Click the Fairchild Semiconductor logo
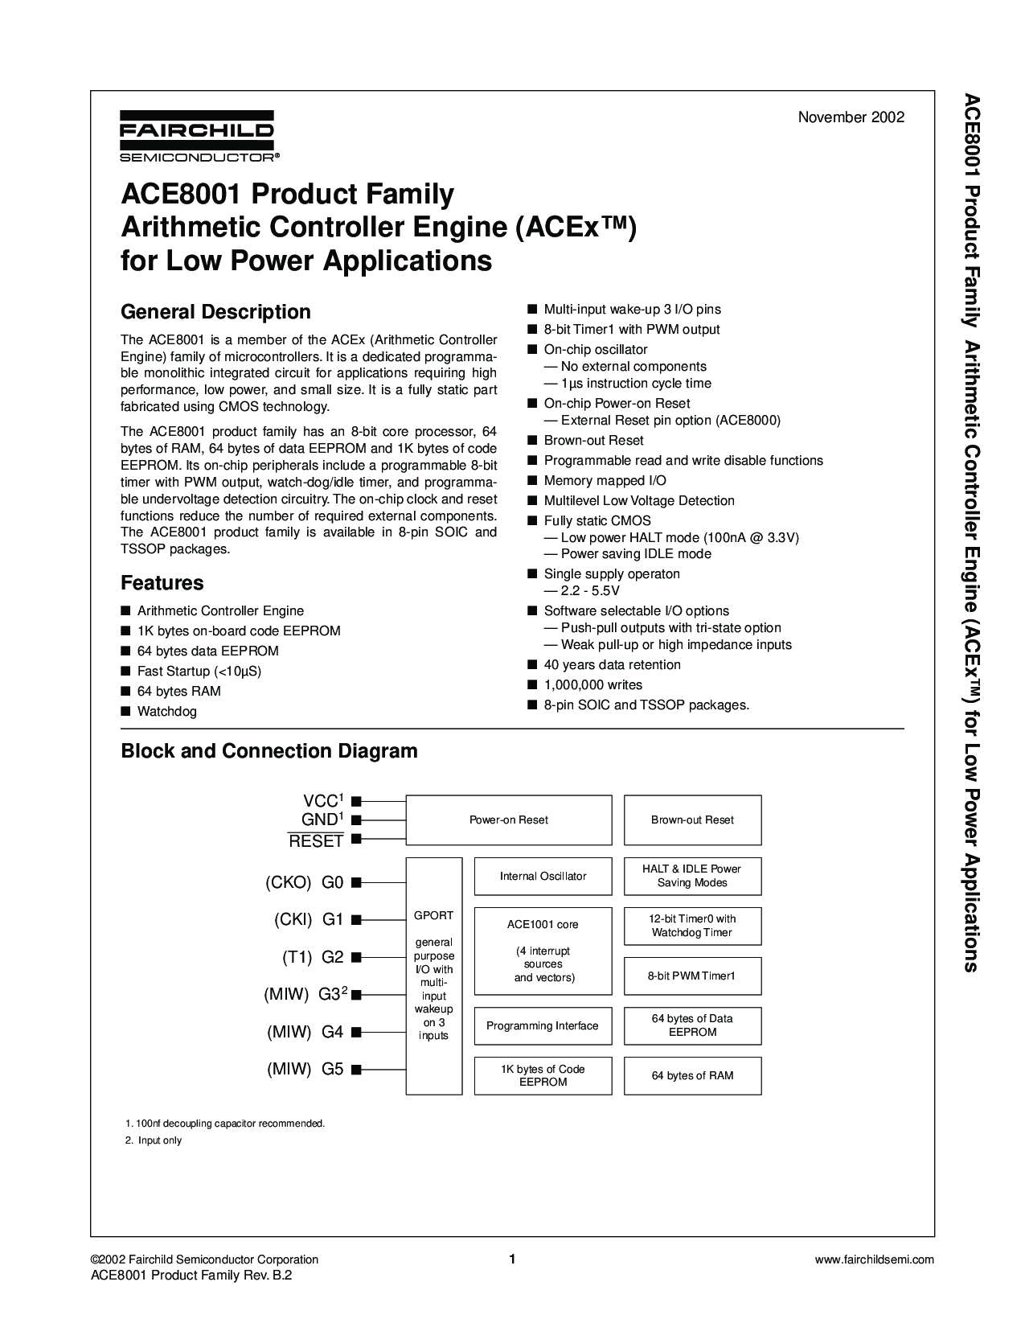[x=197, y=136]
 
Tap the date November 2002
[x=851, y=117]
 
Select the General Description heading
[x=215, y=312]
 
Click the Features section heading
[x=162, y=583]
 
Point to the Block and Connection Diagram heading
[x=269, y=751]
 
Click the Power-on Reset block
[x=508, y=820]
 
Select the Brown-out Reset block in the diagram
[x=692, y=820]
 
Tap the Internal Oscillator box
[x=543, y=876]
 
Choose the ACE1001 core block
[x=543, y=951]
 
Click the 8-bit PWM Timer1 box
[x=692, y=976]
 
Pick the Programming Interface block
[x=543, y=1026]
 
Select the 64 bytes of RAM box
[x=692, y=1075]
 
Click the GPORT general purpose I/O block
[x=433, y=976]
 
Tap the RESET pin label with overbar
[x=316, y=841]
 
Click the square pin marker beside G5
[x=356, y=1070]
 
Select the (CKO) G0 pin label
[x=304, y=882]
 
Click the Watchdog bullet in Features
[x=166, y=712]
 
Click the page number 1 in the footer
[x=511, y=1259]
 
